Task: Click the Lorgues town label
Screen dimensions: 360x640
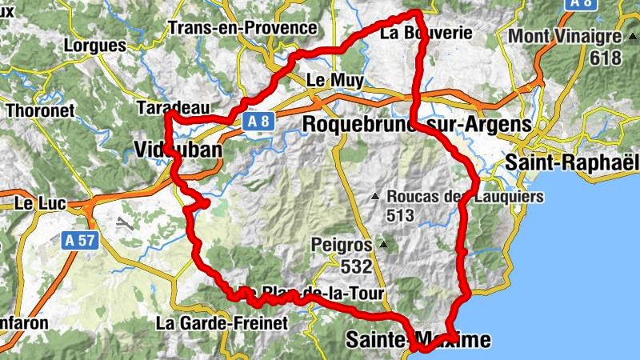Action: coord(94,46)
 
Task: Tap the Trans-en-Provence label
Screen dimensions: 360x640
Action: coord(243,28)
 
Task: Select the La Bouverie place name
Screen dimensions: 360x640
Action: coord(421,34)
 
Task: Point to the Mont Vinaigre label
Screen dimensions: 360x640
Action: coord(565,37)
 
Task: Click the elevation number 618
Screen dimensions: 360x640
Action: coord(606,58)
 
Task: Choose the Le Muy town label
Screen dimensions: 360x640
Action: coord(335,80)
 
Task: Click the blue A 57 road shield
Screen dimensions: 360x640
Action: coord(81,239)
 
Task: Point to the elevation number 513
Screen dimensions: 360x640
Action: coord(399,215)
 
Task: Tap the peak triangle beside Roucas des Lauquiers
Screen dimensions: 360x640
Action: coord(375,197)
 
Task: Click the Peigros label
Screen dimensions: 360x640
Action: coord(343,245)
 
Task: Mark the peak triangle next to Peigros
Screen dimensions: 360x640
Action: coord(384,245)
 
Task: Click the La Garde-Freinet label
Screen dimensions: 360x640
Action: coord(222,323)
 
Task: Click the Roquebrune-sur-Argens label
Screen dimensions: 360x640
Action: coord(417,125)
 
